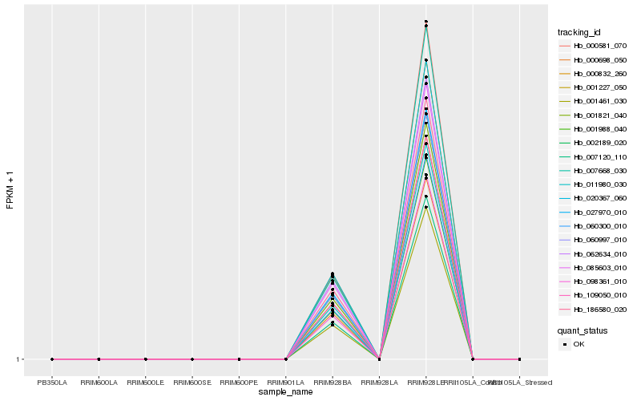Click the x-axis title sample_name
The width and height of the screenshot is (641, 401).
[286, 392]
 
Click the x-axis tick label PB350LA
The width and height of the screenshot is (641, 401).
[52, 383]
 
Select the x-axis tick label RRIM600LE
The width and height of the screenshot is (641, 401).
[145, 383]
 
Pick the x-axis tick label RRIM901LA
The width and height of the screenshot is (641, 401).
[286, 383]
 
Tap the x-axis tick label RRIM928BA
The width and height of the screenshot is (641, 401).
[333, 383]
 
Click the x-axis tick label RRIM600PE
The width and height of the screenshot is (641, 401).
[239, 383]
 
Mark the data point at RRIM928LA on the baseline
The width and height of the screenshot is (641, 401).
[379, 358]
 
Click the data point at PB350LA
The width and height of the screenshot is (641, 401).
[52, 358]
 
